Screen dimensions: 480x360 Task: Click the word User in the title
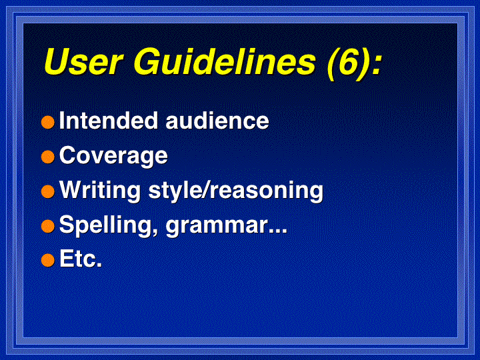[83, 61]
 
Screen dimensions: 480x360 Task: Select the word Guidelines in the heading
[224, 61]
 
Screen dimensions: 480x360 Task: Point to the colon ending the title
[377, 65]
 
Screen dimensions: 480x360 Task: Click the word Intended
[109, 120]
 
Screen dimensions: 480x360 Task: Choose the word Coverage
[113, 156]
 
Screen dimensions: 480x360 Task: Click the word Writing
[100, 191]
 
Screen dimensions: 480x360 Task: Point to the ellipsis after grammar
[278, 231]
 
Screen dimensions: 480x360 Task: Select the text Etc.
[81, 259]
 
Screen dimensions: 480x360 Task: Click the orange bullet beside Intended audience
[48, 122]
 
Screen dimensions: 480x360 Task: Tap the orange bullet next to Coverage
[48, 157]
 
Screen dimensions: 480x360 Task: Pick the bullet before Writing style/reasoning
[48, 191]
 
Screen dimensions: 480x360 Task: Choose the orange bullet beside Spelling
[48, 226]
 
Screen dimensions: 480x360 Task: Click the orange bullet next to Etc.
[48, 260]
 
